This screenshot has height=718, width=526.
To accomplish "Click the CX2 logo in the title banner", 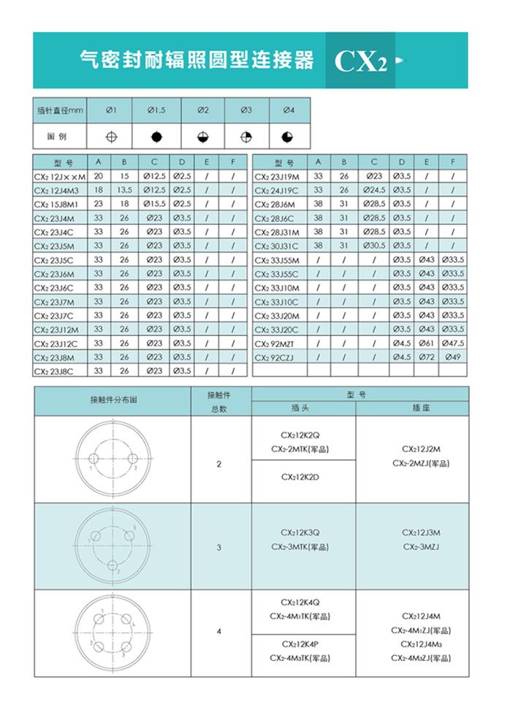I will [360, 61].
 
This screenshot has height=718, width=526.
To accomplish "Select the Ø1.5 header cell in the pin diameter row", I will [156, 110].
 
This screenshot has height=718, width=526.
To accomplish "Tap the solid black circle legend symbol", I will [156, 137].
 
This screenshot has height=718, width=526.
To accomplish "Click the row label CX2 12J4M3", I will [60, 191].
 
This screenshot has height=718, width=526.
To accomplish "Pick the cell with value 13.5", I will [124, 191].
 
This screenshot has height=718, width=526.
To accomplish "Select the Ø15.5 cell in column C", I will [154, 205].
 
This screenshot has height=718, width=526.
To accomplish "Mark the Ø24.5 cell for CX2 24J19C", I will [374, 191].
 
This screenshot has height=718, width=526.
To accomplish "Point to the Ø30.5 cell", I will [374, 246].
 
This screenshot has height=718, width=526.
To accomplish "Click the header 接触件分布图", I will [113, 401].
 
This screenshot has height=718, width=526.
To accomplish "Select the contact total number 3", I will [219, 547].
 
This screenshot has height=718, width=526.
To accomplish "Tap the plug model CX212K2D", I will [305, 478].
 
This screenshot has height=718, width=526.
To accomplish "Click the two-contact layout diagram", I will [113, 459].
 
